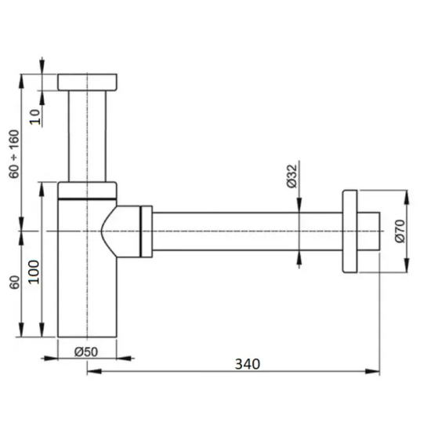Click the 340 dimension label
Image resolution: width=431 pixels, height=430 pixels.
[x=247, y=363]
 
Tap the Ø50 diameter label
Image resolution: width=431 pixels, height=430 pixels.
[x=86, y=352]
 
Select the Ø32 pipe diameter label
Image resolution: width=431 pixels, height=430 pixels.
[x=292, y=177]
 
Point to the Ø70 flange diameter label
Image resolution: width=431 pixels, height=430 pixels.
[x=400, y=231]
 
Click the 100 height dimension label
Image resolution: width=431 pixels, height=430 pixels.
[x=34, y=271]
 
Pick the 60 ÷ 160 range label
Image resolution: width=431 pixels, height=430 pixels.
[x=14, y=154]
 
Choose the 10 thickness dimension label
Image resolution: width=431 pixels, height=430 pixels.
[x=35, y=117]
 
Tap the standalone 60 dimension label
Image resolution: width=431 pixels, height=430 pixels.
[x=15, y=282]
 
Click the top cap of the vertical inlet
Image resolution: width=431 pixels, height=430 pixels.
[x=88, y=82]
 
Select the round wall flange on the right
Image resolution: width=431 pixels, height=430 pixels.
[x=350, y=231]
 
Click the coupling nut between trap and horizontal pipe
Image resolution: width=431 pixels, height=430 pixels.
[x=147, y=231]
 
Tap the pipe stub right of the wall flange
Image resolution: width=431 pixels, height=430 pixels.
[x=368, y=231]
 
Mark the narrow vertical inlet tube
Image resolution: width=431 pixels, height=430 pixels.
[x=87, y=136]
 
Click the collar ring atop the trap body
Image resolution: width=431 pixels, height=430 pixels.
[x=87, y=190]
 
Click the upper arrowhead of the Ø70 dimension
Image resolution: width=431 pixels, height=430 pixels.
[x=407, y=197]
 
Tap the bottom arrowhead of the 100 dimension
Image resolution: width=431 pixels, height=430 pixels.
[x=42, y=330]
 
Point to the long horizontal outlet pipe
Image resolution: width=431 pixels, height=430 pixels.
[x=248, y=231]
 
